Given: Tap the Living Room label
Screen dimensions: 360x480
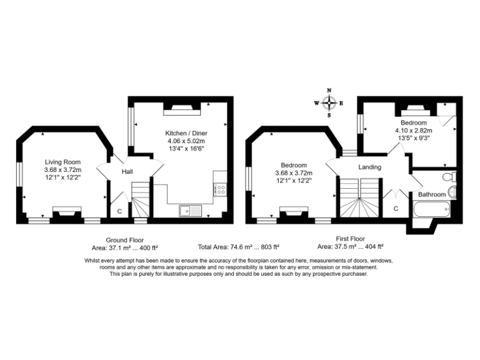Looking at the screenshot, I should (x=62, y=162).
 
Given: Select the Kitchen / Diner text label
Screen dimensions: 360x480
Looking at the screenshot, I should (x=186, y=133).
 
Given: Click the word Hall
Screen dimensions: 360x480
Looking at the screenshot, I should (x=127, y=172).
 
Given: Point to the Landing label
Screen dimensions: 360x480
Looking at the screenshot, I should (x=369, y=167).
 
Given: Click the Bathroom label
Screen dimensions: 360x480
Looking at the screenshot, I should (x=432, y=194).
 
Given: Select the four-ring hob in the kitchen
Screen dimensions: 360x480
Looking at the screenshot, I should (x=219, y=187).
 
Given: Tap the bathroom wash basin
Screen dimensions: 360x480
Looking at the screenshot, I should (x=454, y=191).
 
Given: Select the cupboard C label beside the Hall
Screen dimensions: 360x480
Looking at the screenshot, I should (x=119, y=211).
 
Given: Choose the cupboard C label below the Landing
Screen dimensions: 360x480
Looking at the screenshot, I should (x=396, y=209).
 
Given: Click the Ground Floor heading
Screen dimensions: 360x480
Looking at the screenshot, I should (x=124, y=239).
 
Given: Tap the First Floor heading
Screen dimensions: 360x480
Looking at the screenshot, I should (x=350, y=238).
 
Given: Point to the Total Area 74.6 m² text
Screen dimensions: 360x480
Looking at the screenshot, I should (x=238, y=247).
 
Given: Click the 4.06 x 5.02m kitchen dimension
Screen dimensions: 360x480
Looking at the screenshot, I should (x=186, y=141).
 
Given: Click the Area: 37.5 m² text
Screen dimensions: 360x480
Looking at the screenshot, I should (x=350, y=247).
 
